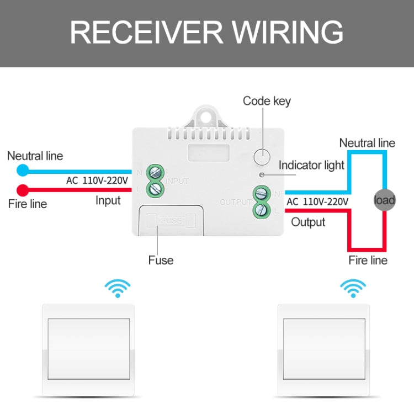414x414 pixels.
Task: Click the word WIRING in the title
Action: [288, 32]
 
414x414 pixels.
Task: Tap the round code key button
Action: [262, 157]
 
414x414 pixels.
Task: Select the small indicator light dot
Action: [262, 175]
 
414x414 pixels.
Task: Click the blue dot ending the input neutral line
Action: [23, 170]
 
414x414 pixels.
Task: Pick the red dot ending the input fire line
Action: [23, 190]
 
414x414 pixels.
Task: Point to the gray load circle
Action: [384, 200]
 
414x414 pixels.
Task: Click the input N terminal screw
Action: [155, 173]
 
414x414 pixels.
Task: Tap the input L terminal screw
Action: [155, 189]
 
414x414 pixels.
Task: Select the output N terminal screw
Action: [262, 194]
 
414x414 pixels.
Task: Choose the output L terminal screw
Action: [262, 210]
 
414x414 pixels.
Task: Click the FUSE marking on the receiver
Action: [171, 220]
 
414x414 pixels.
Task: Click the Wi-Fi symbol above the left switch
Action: [118, 288]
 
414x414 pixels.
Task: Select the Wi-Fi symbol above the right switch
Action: [353, 288]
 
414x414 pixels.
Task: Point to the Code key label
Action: [267, 101]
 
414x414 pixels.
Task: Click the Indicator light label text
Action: [311, 165]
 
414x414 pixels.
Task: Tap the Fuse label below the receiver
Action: [161, 261]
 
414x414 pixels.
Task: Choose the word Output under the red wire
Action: [308, 222]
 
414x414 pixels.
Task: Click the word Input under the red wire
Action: [108, 200]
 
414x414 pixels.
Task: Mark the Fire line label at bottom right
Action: [368, 261]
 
